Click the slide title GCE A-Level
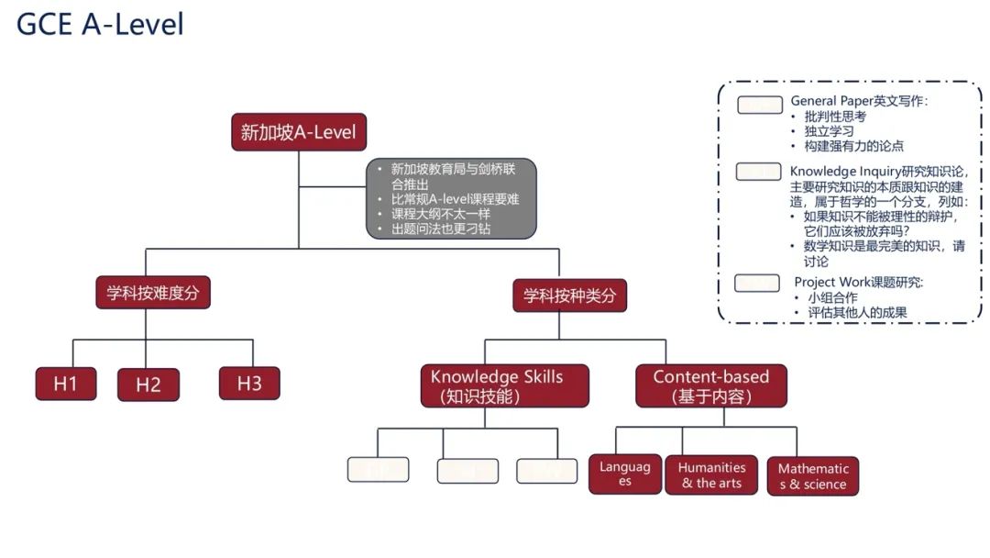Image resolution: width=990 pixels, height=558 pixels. click(x=100, y=25)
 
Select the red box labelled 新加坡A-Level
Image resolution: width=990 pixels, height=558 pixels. click(x=298, y=132)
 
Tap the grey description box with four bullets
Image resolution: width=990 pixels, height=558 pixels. click(x=451, y=198)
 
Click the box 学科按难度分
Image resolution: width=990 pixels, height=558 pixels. click(x=153, y=293)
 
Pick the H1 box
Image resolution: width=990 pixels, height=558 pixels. click(x=65, y=384)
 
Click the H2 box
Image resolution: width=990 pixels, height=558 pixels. click(x=148, y=385)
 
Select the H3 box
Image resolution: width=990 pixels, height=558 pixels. click(x=249, y=383)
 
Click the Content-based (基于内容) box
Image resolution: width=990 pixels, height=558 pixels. click(x=711, y=386)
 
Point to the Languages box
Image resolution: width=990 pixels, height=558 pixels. click(x=625, y=474)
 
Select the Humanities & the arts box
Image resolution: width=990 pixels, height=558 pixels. click(x=712, y=474)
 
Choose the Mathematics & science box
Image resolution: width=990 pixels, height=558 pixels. click(x=813, y=476)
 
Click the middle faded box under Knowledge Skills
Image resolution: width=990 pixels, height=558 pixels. click(x=467, y=471)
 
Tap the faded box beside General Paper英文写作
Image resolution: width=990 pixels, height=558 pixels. click(x=760, y=105)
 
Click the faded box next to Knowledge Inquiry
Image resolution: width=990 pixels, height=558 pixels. click(x=760, y=173)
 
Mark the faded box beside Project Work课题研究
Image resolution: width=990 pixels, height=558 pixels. click(x=758, y=283)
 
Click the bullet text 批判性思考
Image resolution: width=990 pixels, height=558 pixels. click(x=835, y=117)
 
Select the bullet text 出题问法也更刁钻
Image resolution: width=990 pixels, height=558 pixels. click(x=441, y=229)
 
